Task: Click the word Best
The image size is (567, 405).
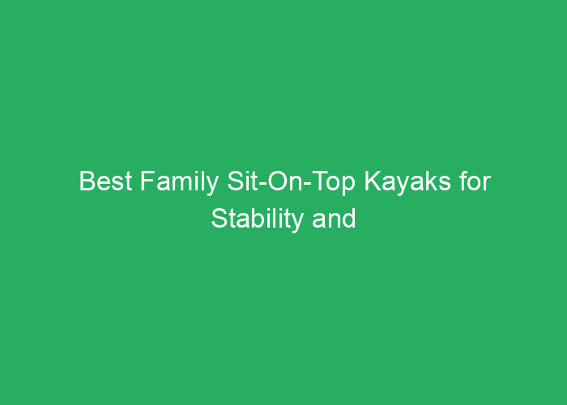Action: (105, 181)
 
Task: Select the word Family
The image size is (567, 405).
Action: (179, 183)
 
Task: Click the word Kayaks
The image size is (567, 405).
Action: (407, 183)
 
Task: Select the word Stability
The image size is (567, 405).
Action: (257, 220)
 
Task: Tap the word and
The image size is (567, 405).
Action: (334, 219)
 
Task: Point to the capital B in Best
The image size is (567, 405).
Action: (87, 181)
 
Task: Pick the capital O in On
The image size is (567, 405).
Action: (277, 181)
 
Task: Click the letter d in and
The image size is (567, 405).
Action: (349, 219)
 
